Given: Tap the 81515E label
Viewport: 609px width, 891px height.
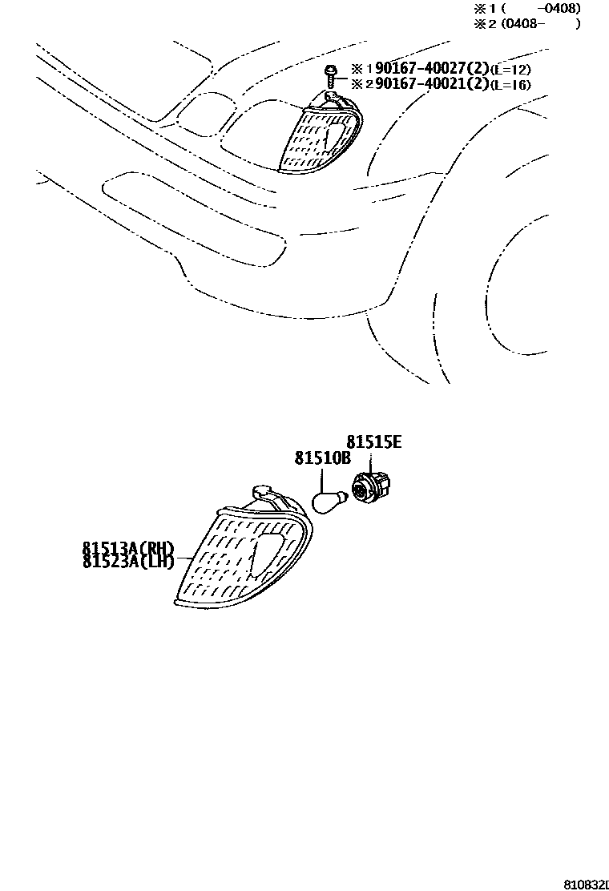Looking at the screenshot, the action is (373, 442).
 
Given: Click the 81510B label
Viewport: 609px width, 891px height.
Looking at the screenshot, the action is (322, 458).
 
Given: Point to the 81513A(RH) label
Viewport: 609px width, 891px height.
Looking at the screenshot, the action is (127, 548).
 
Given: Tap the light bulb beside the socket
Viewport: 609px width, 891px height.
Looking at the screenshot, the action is (329, 502).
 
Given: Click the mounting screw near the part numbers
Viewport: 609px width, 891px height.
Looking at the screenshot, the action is (329, 77).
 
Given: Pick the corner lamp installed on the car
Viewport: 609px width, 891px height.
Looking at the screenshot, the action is (319, 136).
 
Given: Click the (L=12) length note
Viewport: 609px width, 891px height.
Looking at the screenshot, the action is (510, 71).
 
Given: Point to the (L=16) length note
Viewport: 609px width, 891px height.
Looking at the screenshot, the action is (510, 85).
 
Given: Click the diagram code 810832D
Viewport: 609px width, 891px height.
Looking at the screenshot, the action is (586, 885).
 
